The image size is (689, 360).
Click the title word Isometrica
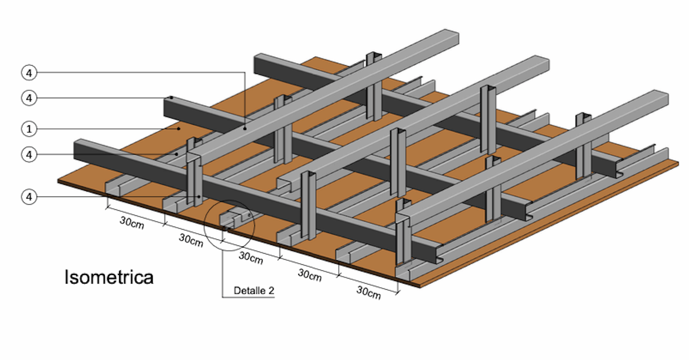[109, 278]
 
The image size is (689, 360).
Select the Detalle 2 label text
[254, 291]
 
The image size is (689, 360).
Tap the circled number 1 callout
[30, 129]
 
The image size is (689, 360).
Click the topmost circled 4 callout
[30, 73]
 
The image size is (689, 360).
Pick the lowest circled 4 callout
[30, 197]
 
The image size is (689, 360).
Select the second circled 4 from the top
[30, 98]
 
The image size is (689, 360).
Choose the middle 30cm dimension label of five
[250, 258]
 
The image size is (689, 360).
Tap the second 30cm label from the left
[191, 240]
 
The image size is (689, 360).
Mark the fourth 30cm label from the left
[309, 275]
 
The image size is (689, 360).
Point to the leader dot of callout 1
[179, 129]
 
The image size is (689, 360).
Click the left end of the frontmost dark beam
[76, 148]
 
